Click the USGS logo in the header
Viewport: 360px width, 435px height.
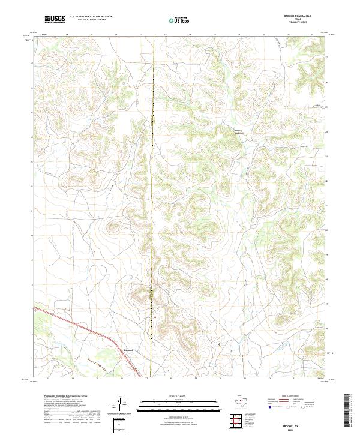pos(55,20)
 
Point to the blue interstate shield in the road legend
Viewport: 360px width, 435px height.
pos(269,407)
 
